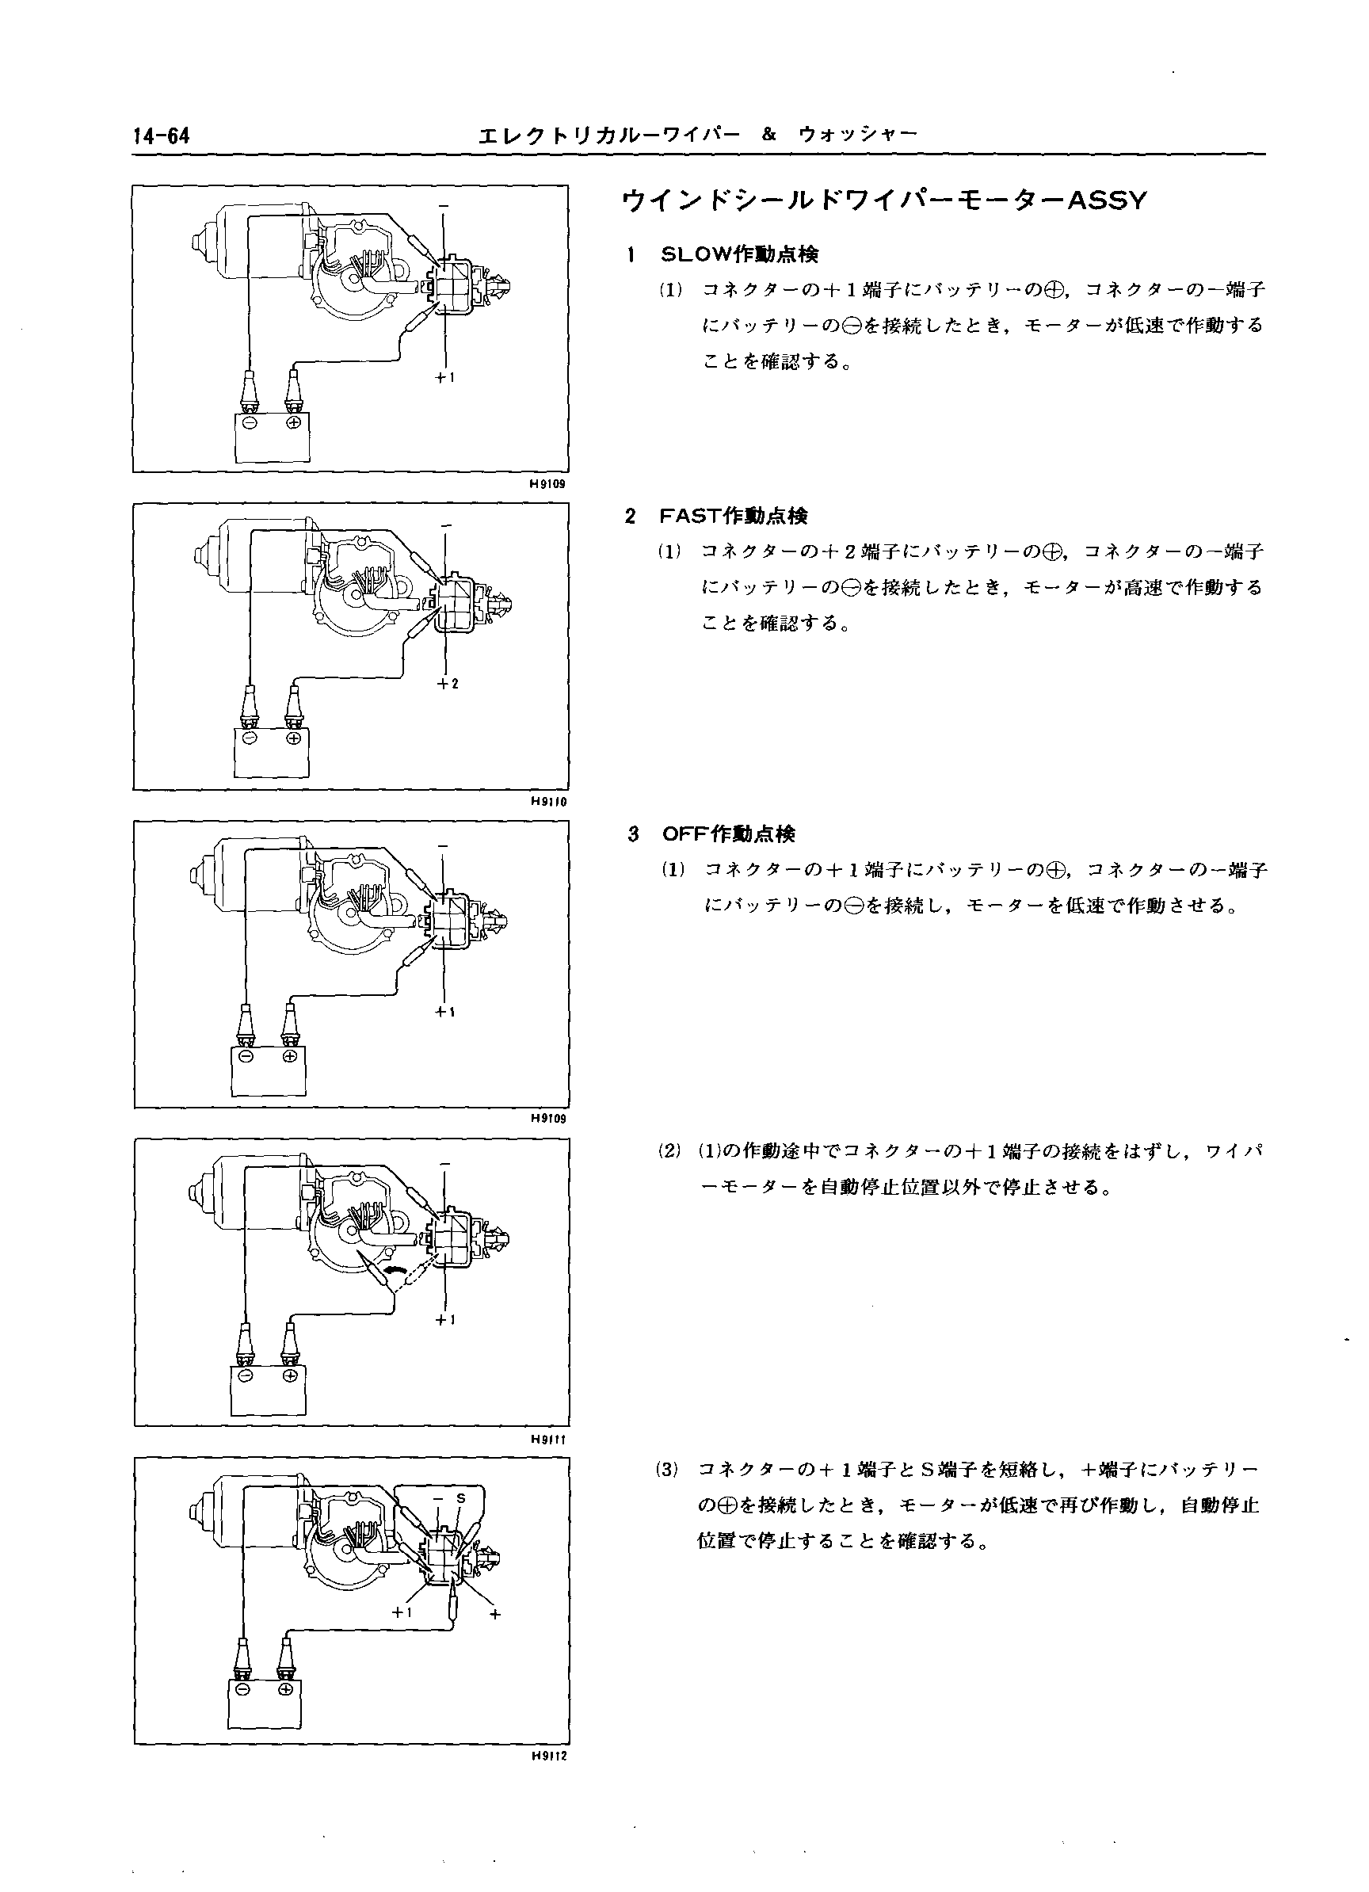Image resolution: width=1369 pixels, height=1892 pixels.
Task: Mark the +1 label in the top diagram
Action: pyautogui.click(x=444, y=378)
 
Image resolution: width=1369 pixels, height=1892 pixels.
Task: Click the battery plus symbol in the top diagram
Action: pyautogui.click(x=293, y=423)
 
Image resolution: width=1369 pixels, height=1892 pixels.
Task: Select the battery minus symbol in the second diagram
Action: pyautogui.click(x=248, y=738)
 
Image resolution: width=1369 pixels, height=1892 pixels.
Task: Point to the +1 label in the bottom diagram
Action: pyautogui.click(x=403, y=1612)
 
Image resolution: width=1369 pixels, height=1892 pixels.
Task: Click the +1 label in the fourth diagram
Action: pyautogui.click(x=444, y=1321)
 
